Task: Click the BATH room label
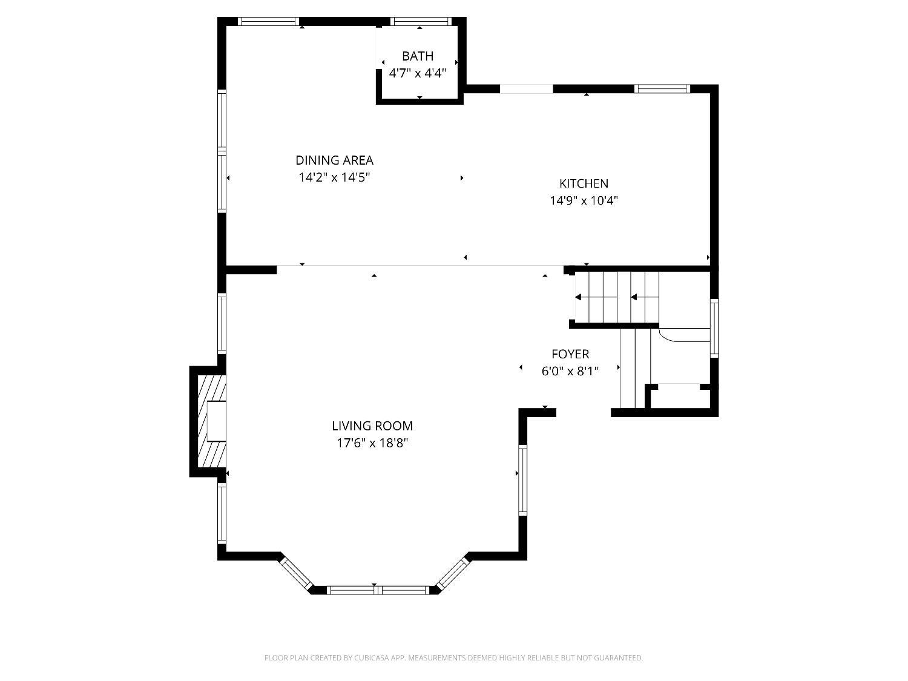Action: click(x=418, y=56)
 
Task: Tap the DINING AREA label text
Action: click(x=334, y=160)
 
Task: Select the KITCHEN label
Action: click(x=584, y=183)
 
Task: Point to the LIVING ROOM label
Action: click(x=372, y=426)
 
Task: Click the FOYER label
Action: click(x=570, y=354)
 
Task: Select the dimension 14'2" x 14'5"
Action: click(x=334, y=177)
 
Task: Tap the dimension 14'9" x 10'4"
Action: click(x=584, y=200)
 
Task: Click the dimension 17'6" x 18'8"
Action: click(x=372, y=443)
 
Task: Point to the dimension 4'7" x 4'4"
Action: click(x=418, y=73)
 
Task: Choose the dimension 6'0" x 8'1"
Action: click(x=570, y=371)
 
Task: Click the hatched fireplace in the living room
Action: click(x=212, y=421)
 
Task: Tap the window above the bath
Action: click(x=421, y=22)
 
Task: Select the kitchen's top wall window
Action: click(x=662, y=88)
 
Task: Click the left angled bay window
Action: click(x=296, y=573)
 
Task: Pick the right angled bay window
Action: click(x=452, y=573)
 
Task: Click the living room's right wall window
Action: click(x=523, y=480)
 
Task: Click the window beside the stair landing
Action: click(x=714, y=328)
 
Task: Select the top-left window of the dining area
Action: click(x=268, y=22)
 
